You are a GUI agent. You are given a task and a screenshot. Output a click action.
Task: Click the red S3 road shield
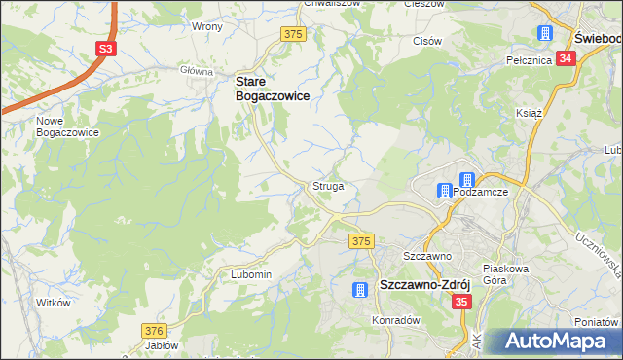click(106, 49)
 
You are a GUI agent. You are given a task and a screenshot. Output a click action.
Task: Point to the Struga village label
click(327, 185)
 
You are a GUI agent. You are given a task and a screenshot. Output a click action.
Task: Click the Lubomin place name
click(250, 275)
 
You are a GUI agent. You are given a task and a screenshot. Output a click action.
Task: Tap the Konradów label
click(395, 319)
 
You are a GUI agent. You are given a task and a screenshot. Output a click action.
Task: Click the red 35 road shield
click(461, 303)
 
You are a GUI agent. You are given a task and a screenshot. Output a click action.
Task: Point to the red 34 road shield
click(568, 58)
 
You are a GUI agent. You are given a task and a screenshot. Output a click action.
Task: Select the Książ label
click(528, 113)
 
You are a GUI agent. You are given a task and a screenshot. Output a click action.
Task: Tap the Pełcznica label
click(530, 60)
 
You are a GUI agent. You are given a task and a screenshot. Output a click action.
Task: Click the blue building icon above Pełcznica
click(545, 34)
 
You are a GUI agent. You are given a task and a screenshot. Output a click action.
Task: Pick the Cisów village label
click(427, 42)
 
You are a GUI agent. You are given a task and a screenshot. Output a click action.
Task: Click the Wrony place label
click(207, 26)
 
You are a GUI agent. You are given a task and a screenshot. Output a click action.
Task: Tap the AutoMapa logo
click(551, 342)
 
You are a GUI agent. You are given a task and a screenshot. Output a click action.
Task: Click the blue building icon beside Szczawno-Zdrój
click(360, 289)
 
